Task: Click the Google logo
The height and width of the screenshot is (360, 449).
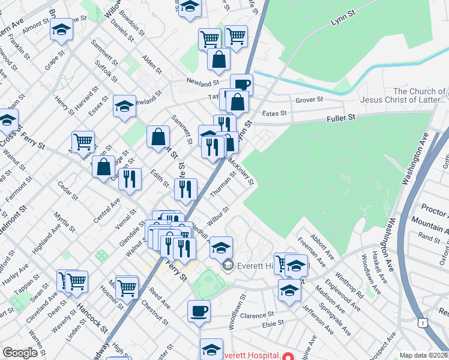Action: tap(20, 353)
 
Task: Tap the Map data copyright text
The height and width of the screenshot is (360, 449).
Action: tap(424, 355)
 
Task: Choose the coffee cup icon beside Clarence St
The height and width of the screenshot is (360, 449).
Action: tap(199, 311)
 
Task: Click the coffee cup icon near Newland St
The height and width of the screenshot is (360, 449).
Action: tap(241, 85)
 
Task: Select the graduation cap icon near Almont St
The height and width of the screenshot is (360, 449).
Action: tap(61, 30)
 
